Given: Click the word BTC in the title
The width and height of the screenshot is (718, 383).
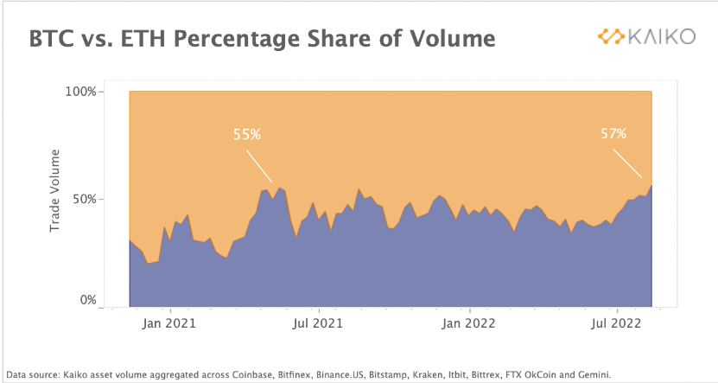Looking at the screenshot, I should (55, 39).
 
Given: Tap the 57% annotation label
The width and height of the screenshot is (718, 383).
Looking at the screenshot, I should (613, 134).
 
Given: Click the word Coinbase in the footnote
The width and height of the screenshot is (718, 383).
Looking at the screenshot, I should (250, 375).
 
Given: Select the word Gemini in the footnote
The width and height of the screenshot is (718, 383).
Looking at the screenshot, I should (593, 375).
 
